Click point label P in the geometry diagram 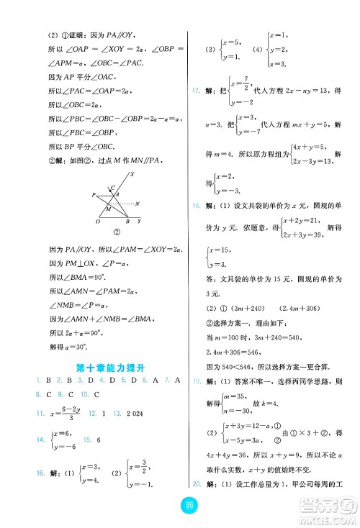[x=93, y=195]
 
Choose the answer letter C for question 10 [x=94, y=394]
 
